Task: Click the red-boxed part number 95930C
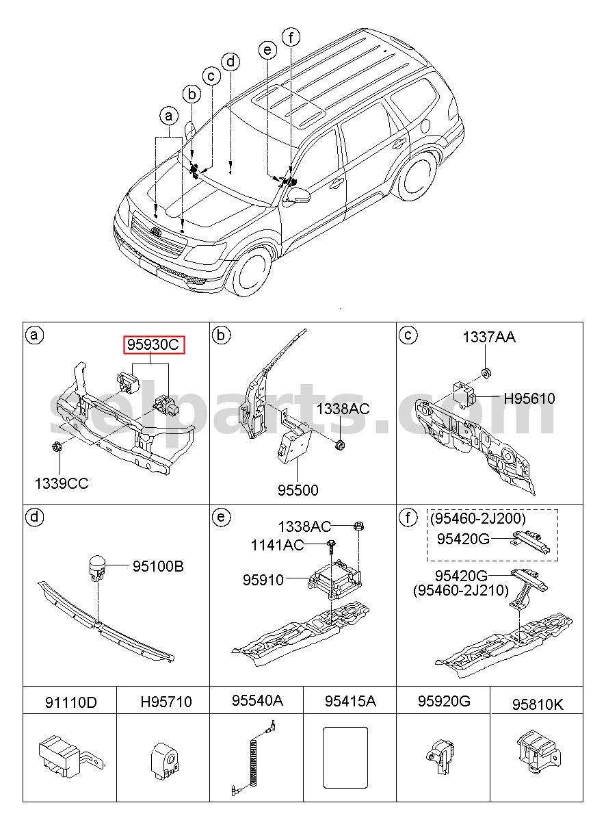(153, 345)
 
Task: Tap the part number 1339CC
(62, 484)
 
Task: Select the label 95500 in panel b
(298, 490)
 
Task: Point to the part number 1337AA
(489, 337)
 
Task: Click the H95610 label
(529, 398)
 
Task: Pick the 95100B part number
(158, 566)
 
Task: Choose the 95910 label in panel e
(263, 580)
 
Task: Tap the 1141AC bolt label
(277, 545)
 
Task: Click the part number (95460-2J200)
(477, 518)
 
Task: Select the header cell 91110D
(70, 702)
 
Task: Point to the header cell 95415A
(350, 701)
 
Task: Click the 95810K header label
(538, 704)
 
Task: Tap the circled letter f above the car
(291, 38)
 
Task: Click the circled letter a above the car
(169, 116)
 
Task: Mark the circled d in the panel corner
(34, 516)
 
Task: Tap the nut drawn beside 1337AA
(486, 372)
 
